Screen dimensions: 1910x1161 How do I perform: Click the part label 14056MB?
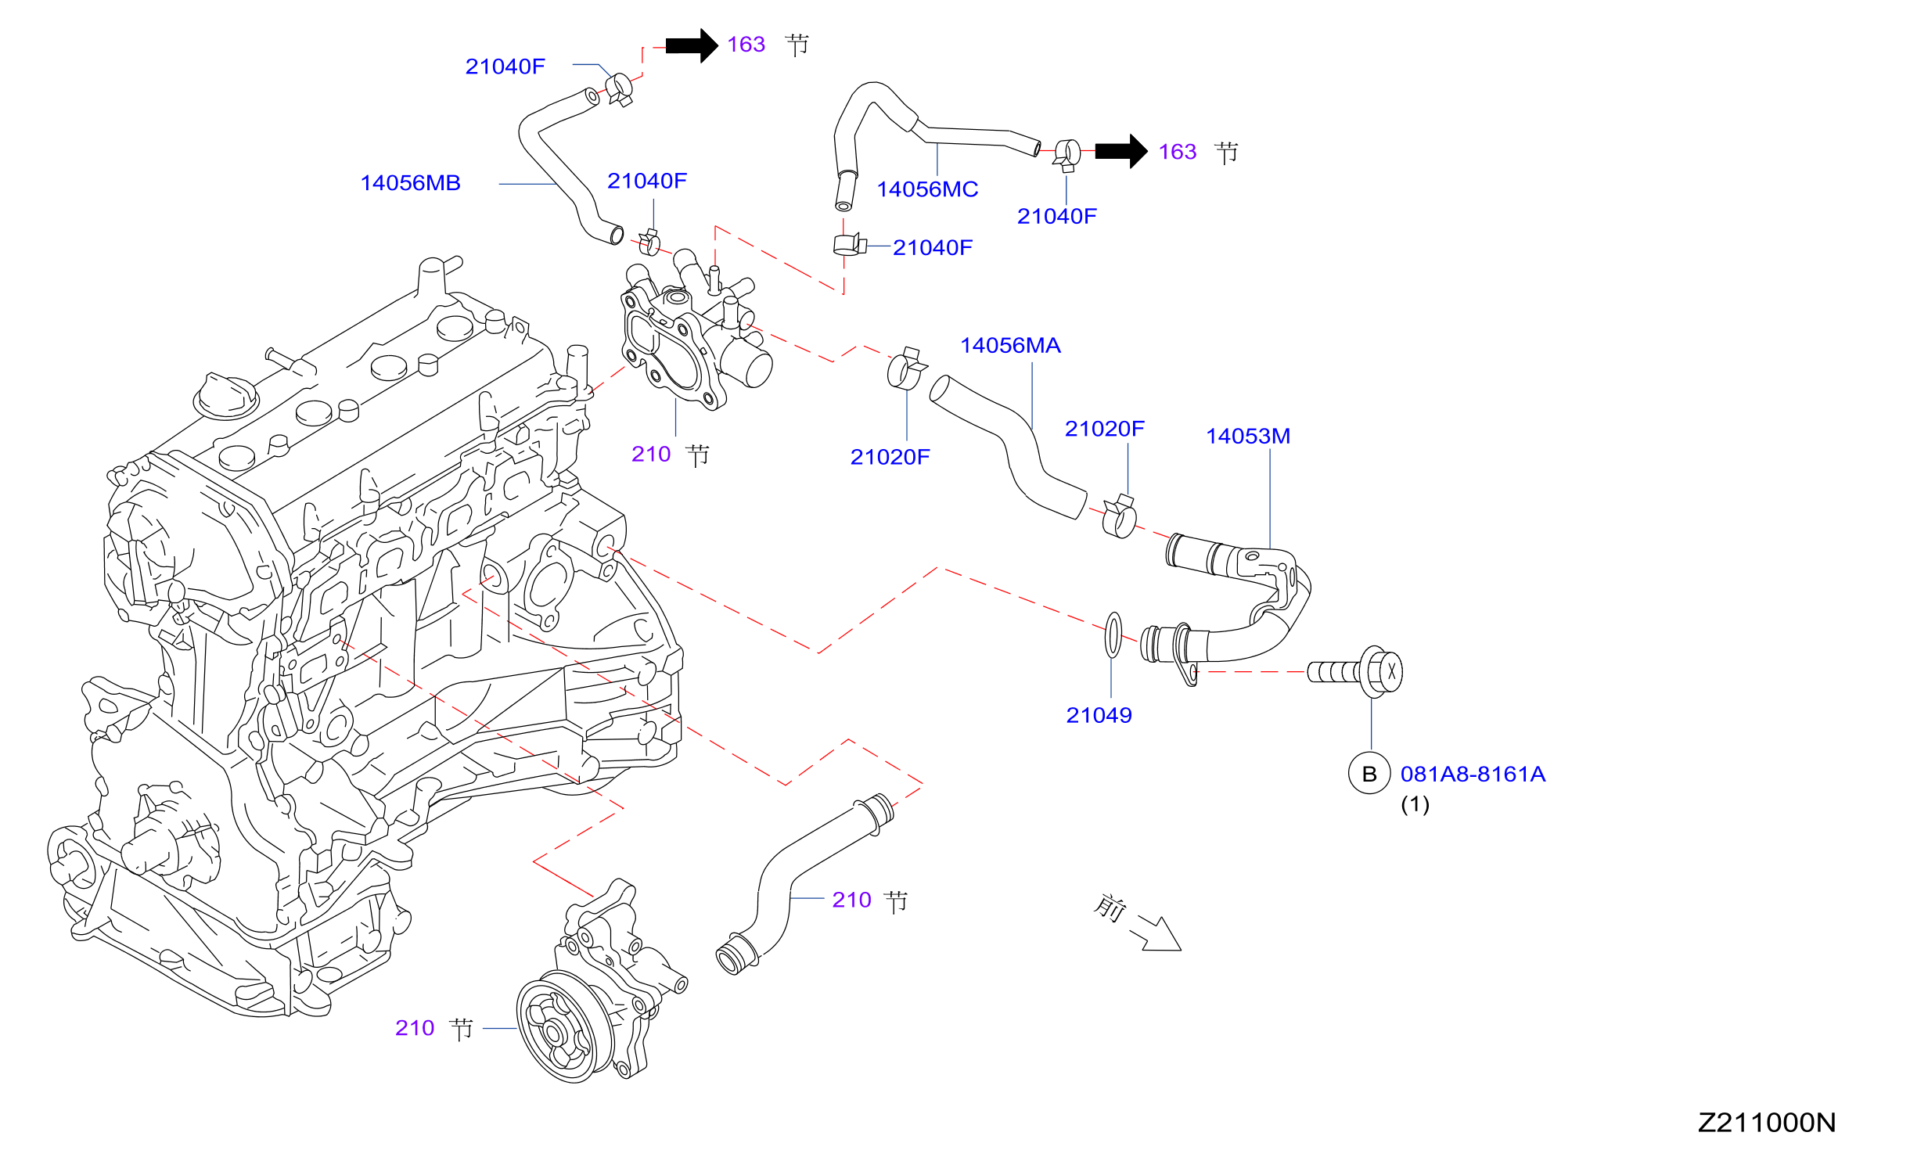[x=410, y=183]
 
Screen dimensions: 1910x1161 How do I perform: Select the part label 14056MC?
[x=927, y=189]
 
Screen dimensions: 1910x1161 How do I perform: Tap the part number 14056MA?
[x=1010, y=346]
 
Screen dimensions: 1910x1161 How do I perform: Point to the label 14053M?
[x=1248, y=437]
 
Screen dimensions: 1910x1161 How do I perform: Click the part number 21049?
[x=1099, y=715]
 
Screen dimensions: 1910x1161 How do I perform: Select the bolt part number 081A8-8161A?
[x=1473, y=775]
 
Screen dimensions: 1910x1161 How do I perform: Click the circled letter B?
[x=1369, y=774]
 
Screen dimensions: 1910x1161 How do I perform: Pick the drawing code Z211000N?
[x=1767, y=1123]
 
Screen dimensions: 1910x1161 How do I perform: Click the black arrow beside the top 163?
[x=692, y=45]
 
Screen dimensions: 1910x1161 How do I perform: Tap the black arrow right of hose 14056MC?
[x=1121, y=151]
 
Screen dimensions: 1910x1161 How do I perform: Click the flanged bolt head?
[x=1382, y=671]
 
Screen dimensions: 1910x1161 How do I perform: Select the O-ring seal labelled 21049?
[x=1113, y=635]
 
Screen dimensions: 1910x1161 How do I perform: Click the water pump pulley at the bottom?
[x=556, y=1026]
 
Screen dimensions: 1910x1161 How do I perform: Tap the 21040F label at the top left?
[x=505, y=66]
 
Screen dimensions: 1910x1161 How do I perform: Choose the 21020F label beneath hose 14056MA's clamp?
[x=890, y=457]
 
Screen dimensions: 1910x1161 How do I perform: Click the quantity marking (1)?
[x=1415, y=804]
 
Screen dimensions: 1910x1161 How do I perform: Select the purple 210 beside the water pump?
[x=415, y=1028]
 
